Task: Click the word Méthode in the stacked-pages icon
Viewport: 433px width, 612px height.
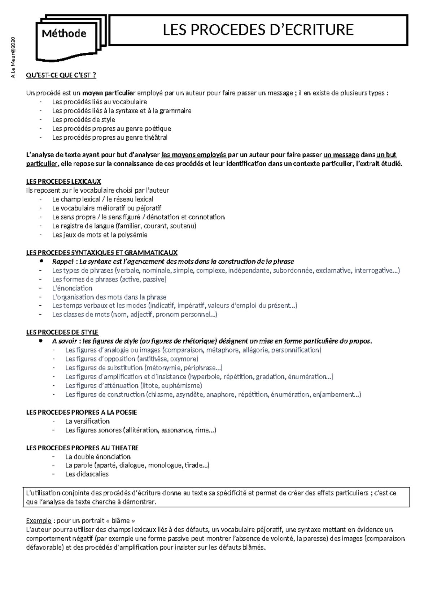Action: [64, 34]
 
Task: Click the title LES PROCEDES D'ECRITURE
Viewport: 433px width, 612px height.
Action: [258, 30]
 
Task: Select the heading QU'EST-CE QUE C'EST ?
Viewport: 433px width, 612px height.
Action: [61, 75]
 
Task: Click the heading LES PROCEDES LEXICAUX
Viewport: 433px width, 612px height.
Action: [64, 182]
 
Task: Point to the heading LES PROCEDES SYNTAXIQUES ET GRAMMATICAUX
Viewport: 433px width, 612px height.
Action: [102, 253]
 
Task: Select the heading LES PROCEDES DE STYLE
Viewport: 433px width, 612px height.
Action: [62, 332]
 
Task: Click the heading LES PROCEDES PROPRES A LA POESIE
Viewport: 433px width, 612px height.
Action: [82, 412]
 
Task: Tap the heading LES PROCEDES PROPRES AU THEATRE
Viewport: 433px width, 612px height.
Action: [82, 448]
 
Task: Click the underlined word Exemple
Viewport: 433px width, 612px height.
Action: [39, 521]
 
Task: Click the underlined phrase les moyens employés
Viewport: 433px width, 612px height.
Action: [194, 155]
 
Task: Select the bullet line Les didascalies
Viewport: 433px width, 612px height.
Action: [87, 474]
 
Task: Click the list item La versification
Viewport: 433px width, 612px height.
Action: [87, 421]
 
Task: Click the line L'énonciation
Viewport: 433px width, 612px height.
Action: [72, 288]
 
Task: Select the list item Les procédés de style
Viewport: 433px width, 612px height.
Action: [83, 119]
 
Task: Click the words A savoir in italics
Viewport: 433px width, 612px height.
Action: [65, 341]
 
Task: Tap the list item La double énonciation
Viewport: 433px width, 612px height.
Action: [98, 456]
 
